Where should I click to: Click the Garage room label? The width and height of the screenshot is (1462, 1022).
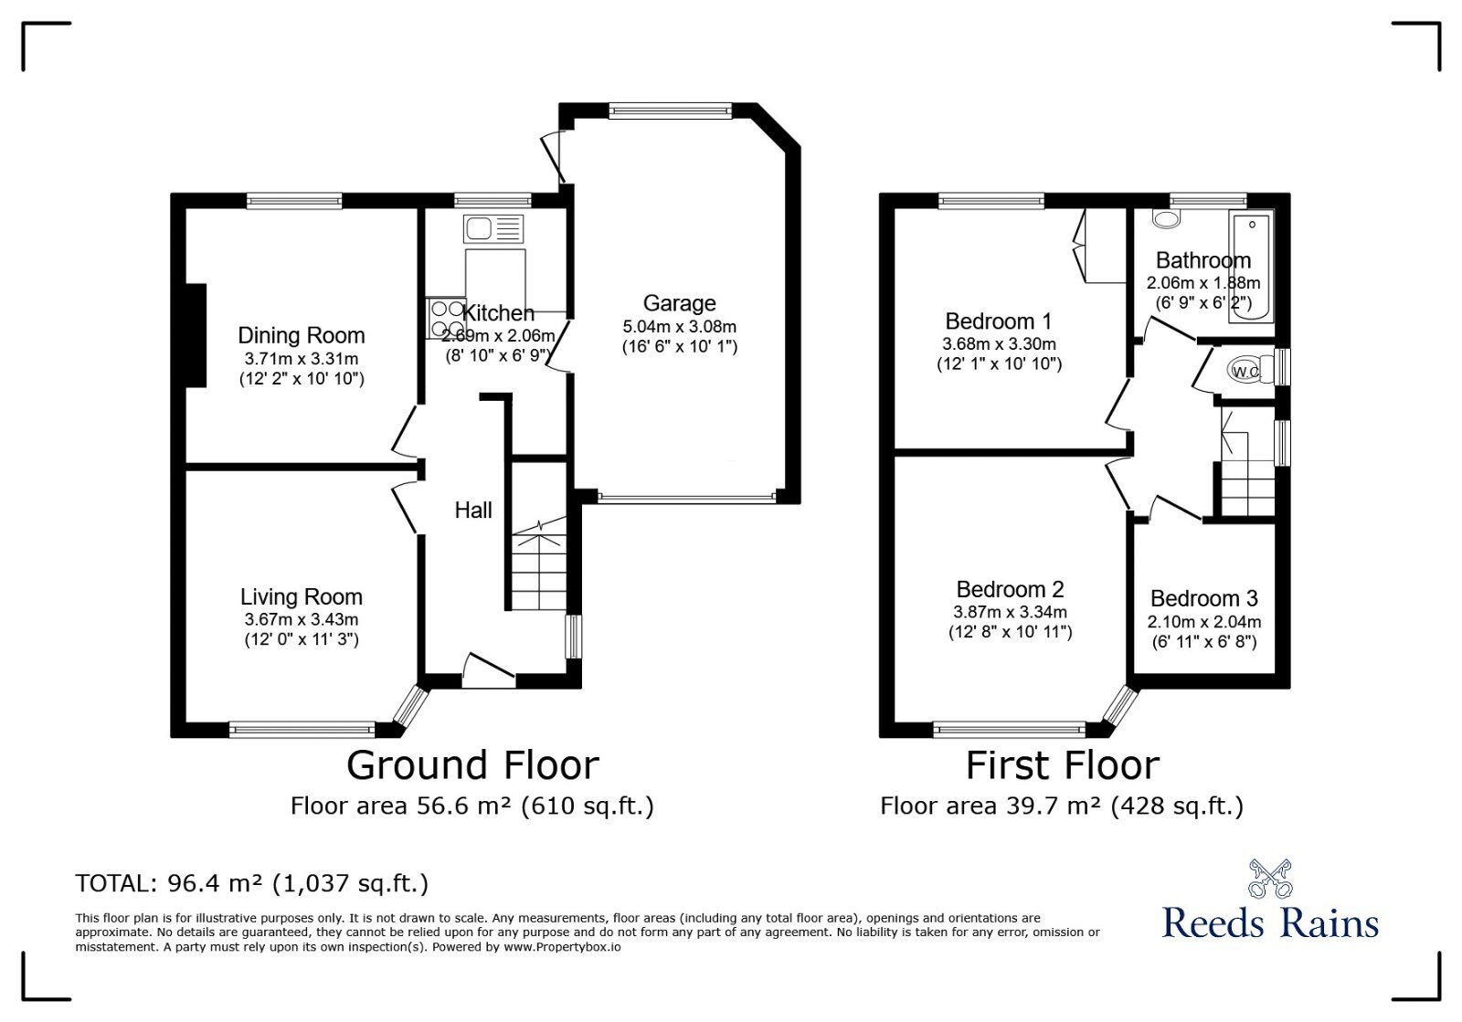tap(679, 303)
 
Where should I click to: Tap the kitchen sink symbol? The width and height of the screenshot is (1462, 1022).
tap(493, 228)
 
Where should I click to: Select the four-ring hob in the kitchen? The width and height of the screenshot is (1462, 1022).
tap(446, 319)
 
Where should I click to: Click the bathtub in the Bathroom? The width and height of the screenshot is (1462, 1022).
tap(1250, 266)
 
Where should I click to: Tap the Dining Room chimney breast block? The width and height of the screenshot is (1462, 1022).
tap(195, 335)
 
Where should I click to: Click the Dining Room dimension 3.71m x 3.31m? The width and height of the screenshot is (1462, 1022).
tap(302, 359)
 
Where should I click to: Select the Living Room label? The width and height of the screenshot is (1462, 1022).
tap(302, 597)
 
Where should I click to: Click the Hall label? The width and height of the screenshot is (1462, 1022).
tap(473, 511)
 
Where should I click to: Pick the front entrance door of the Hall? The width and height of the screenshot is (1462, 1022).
tap(489, 671)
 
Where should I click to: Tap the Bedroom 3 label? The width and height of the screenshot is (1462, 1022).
tap(1203, 599)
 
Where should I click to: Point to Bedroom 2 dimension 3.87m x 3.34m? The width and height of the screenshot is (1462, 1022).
tap(1010, 613)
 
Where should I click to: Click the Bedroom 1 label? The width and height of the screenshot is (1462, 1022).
tap(998, 321)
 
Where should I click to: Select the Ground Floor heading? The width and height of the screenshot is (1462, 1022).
tap(472, 765)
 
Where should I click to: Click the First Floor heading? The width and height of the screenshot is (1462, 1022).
tap(1063, 765)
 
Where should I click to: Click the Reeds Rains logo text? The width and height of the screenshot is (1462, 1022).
tap(1270, 922)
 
